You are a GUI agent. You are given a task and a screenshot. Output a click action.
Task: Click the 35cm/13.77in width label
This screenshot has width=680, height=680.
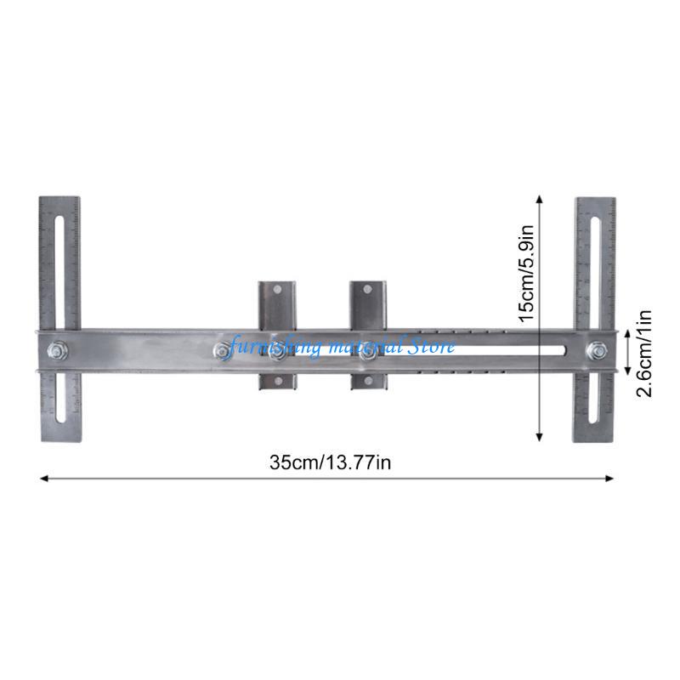coord(330,462)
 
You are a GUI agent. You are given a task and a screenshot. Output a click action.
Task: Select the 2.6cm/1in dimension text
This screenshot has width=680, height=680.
coord(644,352)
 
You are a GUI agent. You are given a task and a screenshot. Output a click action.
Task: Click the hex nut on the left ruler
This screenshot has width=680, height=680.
coord(59,348)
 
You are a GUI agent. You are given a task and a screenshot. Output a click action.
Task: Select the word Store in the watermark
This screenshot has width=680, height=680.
coord(433,346)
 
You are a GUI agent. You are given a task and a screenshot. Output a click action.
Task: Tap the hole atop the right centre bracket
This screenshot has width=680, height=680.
coord(368,291)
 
